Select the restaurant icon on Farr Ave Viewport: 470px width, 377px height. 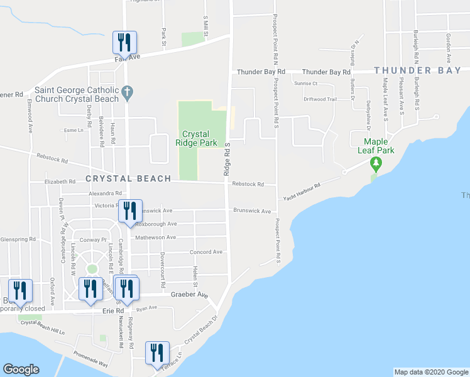[124, 43]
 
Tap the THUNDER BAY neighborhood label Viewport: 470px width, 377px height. [418, 71]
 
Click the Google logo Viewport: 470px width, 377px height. [21, 369]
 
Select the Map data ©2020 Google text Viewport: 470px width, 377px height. [430, 372]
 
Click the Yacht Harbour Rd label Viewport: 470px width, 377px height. [300, 190]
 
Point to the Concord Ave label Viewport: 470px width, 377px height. [206, 252]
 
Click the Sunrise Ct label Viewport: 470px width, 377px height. [307, 84]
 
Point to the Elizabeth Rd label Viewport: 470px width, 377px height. [60, 182]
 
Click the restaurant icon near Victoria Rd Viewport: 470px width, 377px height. [130, 210]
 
